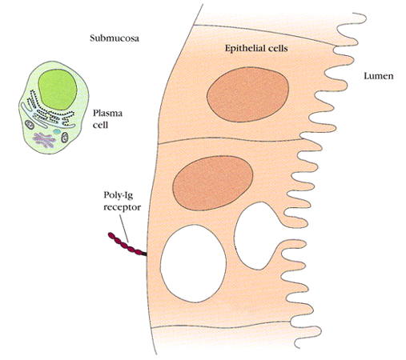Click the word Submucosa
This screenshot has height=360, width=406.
115,38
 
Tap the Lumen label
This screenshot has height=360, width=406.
379,76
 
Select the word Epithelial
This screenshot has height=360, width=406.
244,49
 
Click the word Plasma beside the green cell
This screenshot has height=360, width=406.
107,114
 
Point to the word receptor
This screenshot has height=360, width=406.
122,207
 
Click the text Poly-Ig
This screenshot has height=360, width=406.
119,195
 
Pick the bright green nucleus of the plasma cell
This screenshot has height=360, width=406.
58,90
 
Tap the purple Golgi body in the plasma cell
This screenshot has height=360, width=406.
44,140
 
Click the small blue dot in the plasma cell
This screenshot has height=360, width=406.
57,131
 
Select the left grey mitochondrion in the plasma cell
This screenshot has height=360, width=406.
30,125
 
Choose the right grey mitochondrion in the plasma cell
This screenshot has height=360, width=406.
65,138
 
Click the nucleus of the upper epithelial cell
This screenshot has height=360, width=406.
247,94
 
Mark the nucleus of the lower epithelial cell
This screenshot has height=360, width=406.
213,183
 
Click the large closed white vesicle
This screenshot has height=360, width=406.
193,263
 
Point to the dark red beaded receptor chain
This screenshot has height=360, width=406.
125,243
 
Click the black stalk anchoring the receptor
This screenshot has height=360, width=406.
144,254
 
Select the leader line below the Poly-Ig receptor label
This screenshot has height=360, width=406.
124,228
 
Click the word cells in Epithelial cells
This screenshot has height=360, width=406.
277,48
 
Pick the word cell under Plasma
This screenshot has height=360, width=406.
100,125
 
